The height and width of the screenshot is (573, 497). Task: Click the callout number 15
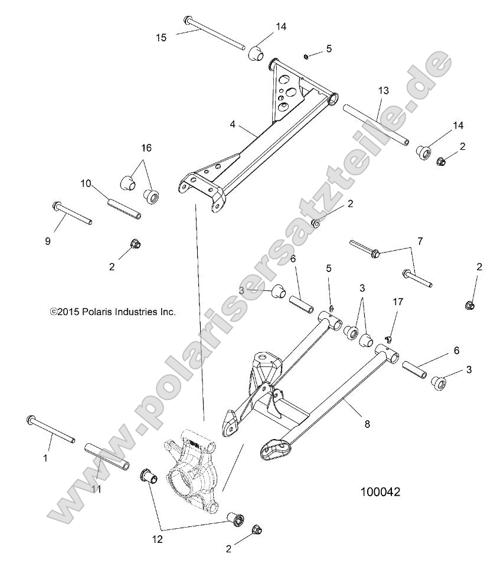point(161,37)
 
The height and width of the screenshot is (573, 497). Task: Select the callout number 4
point(233,125)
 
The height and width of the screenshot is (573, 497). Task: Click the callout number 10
point(86,184)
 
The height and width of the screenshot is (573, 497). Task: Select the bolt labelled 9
point(71,213)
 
